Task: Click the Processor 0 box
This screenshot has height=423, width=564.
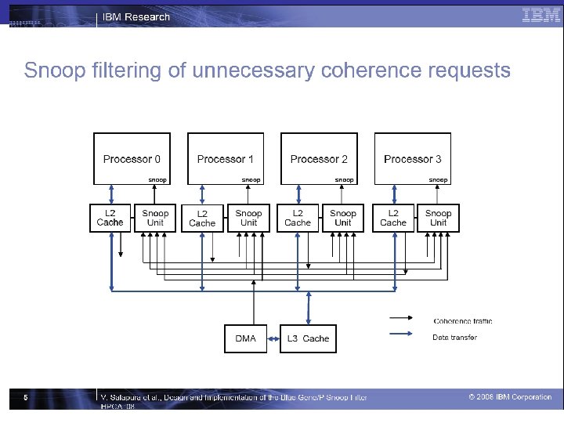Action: [x=132, y=159]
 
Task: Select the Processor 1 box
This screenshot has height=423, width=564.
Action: [x=226, y=159]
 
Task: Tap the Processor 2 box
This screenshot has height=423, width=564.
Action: [x=319, y=159]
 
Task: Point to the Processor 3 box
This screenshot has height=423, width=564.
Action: [x=413, y=159]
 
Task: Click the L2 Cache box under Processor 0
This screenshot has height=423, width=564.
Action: [x=110, y=218]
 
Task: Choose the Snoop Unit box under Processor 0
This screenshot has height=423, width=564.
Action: [x=155, y=218]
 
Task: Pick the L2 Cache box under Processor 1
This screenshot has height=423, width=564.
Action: [x=202, y=218]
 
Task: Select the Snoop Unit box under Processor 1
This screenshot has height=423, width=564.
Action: [x=248, y=218]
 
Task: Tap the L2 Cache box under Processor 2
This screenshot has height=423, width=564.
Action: [x=298, y=218]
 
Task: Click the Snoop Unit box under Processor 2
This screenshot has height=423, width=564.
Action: [x=343, y=218]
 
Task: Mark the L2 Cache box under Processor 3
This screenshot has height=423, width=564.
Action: [x=393, y=218]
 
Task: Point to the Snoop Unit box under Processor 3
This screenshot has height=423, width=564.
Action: [x=439, y=218]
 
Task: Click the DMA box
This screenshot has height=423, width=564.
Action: [x=245, y=338]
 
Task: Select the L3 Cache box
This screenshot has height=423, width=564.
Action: [x=308, y=338]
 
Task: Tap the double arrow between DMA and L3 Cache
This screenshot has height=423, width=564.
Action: [x=273, y=338]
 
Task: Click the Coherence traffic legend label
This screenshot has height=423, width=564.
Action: [x=463, y=321]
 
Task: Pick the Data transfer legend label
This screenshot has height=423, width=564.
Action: [x=454, y=338]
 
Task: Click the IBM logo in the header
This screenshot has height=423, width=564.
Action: [x=540, y=15]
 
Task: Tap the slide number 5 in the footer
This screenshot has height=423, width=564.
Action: [x=26, y=398]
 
